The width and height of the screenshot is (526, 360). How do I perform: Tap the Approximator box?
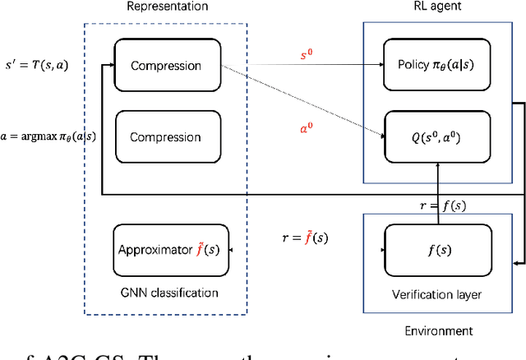[x=171, y=249]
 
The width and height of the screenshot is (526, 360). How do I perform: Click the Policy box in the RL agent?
[x=434, y=66]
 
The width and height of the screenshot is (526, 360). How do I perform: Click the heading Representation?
[x=167, y=7]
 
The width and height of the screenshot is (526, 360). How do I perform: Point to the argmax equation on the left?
[x=48, y=136]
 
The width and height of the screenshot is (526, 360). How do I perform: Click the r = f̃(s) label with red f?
[x=305, y=239]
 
